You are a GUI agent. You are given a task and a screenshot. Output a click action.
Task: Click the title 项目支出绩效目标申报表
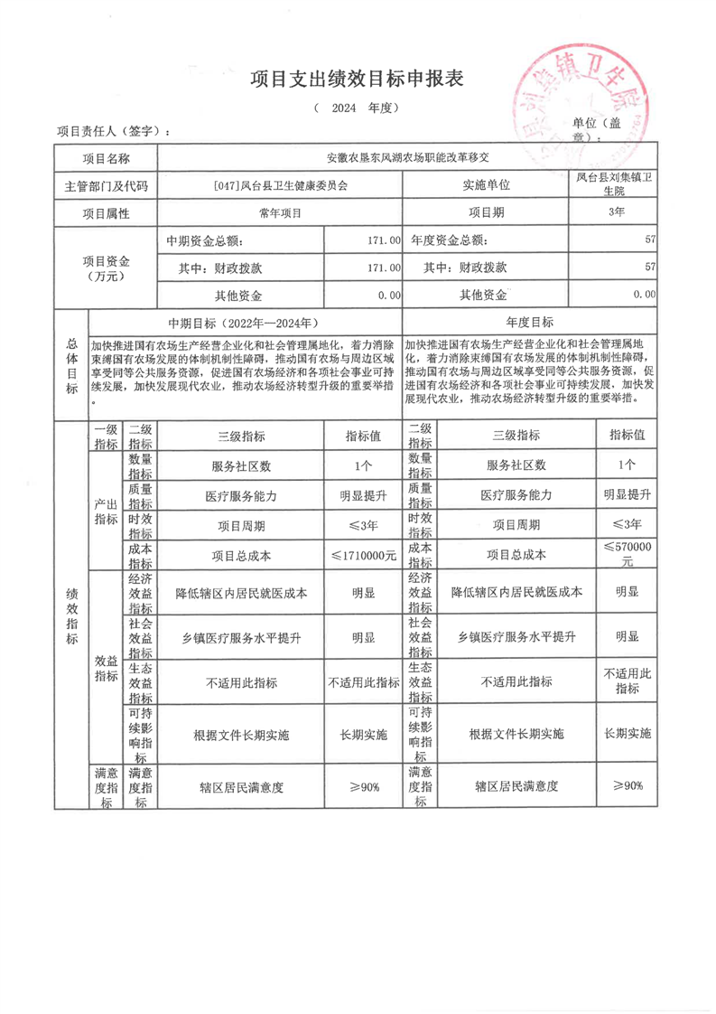tap(357, 80)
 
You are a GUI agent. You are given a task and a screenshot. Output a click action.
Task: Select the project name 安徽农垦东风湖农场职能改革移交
tap(406, 156)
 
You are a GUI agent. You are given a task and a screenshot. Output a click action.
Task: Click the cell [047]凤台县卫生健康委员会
tap(281, 185)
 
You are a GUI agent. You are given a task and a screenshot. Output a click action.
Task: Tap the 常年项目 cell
tap(281, 213)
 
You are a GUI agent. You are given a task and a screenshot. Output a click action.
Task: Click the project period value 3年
tap(617, 213)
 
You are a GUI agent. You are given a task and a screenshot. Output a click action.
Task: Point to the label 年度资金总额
tap(449, 241)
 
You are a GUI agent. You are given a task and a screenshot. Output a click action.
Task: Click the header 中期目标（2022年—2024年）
tap(244, 323)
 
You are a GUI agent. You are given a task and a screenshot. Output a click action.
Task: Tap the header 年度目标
tap(531, 323)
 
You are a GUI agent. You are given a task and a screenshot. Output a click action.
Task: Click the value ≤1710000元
tap(362, 555)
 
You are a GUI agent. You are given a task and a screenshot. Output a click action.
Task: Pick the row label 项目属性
tap(107, 213)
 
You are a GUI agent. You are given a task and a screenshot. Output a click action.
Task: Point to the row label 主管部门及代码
tap(107, 185)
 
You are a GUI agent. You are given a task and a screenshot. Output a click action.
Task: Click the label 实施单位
tap(486, 185)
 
